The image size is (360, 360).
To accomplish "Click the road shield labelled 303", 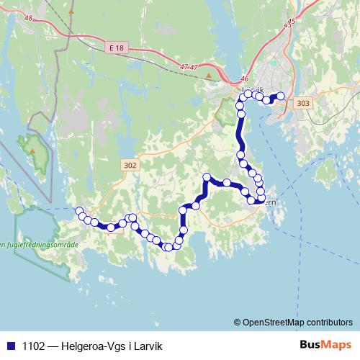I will tap(303, 103).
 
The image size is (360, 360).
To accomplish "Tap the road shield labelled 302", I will tap(130, 166).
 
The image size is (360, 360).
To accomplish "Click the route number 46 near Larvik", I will tap(244, 80).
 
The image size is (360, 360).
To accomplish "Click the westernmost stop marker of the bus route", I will tap(79, 211).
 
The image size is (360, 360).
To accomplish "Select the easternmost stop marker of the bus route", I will tap(281, 96).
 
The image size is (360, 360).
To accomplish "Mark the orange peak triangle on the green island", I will tap(32, 150).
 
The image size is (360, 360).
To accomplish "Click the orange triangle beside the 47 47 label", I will tap(209, 76).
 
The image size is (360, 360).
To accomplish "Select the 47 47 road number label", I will tap(189, 66).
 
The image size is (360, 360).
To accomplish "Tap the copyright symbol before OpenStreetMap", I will tap(238, 322).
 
